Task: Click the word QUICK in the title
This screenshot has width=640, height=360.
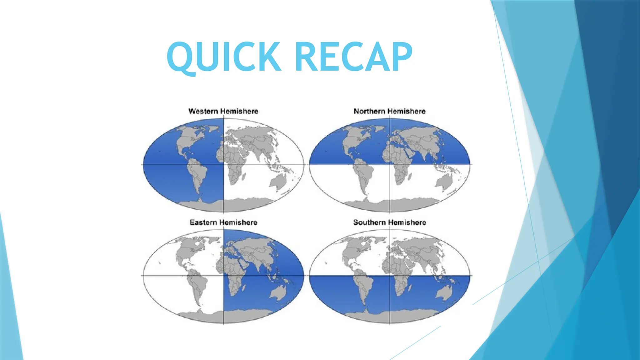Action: [224, 57]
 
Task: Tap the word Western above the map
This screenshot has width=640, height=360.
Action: [203, 111]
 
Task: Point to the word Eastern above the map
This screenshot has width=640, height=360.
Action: [203, 222]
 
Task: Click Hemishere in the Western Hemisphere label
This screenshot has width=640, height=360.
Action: [239, 111]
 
